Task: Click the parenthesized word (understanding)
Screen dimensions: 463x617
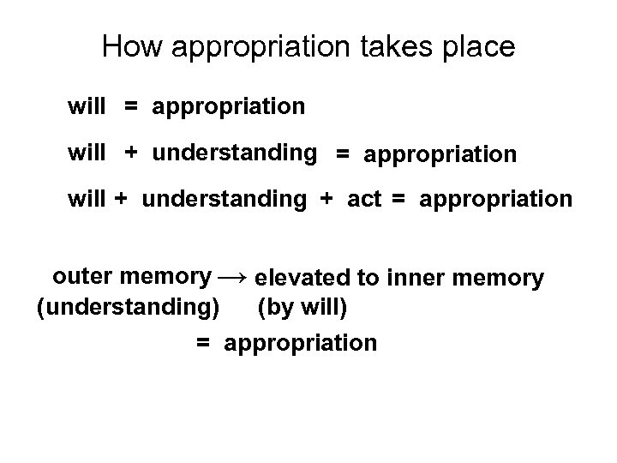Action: click(127, 304)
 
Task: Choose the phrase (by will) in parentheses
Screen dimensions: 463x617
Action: click(302, 304)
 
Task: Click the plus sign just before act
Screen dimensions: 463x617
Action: click(326, 200)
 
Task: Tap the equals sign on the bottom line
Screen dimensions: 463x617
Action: click(203, 343)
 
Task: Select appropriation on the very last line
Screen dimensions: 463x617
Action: click(300, 344)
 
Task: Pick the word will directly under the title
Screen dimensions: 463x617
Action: click(87, 107)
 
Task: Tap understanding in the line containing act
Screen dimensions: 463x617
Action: click(224, 200)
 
